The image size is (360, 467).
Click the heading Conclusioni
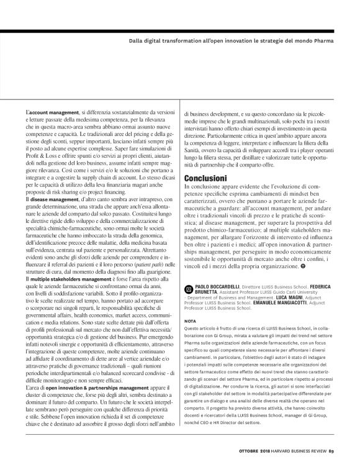[x=206, y=177]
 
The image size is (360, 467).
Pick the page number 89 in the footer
[x=331, y=451]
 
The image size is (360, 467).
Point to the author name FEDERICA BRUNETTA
[x=204, y=293]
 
